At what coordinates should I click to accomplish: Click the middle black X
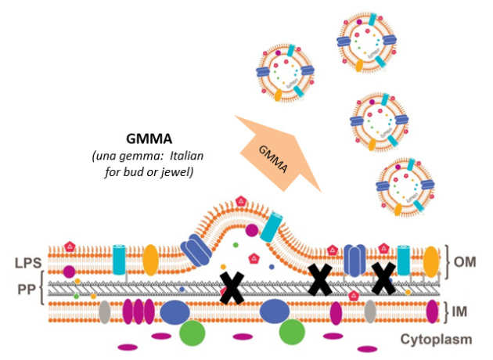319,279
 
